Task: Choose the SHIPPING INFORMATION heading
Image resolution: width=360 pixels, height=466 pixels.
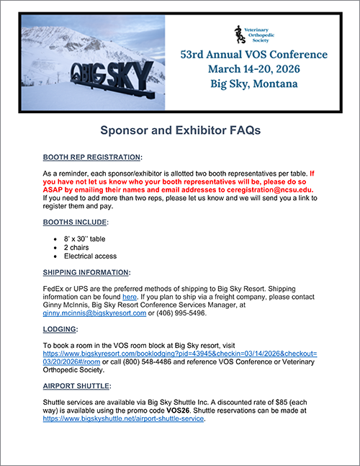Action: tap(86, 272)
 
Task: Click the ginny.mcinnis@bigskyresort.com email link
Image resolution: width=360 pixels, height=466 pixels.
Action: tap(94, 313)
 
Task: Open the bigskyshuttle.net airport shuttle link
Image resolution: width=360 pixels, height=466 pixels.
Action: tap(124, 418)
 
